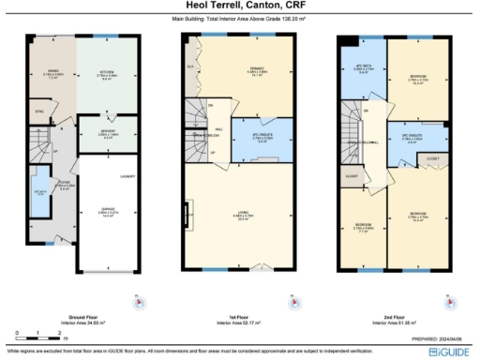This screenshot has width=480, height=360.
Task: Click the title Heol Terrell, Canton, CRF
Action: coord(239,7)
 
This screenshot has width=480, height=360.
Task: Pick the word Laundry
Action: coord(126,175)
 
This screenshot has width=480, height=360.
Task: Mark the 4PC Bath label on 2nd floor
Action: coord(363,66)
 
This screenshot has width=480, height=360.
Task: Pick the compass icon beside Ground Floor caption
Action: coord(139,302)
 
